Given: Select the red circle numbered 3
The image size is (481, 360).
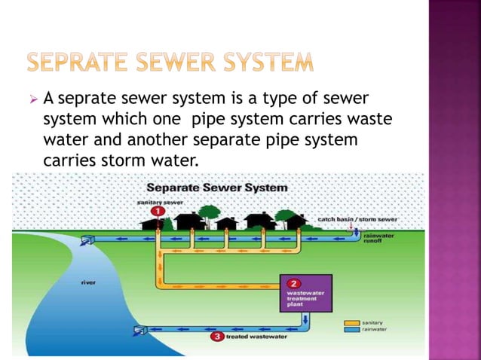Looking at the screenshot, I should click(216, 337).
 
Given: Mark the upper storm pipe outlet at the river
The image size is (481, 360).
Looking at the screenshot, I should click(87, 239).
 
